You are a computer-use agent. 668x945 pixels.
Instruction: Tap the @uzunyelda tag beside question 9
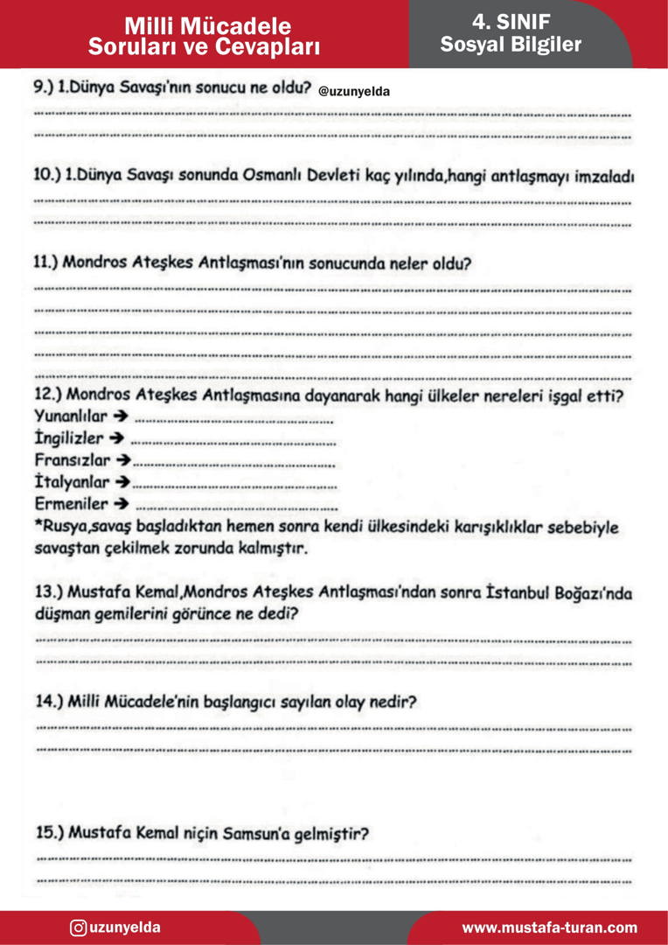tap(354, 91)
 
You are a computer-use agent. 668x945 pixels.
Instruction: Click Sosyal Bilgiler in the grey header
tap(511, 45)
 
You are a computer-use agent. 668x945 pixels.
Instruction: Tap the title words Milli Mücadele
tap(208, 26)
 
